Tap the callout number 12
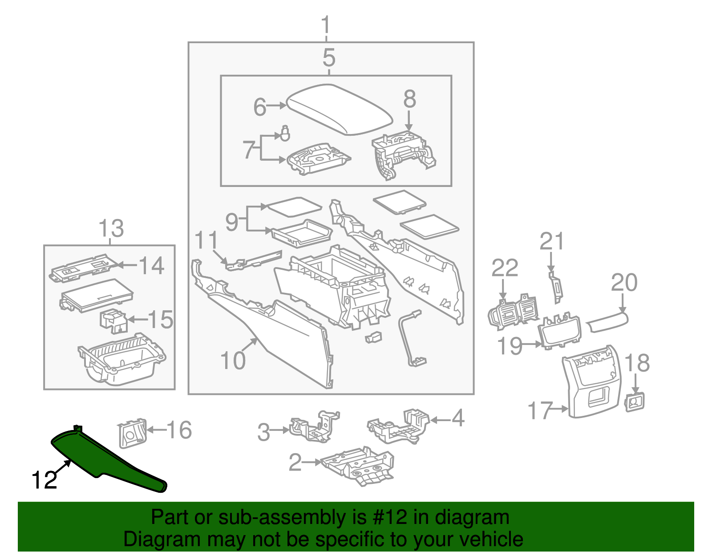point(44,480)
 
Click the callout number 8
point(409,99)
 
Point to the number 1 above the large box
point(327,25)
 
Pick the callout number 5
point(329,58)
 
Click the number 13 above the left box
point(111,229)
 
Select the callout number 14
point(152,266)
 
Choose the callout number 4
point(458,418)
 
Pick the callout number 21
point(552,242)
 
